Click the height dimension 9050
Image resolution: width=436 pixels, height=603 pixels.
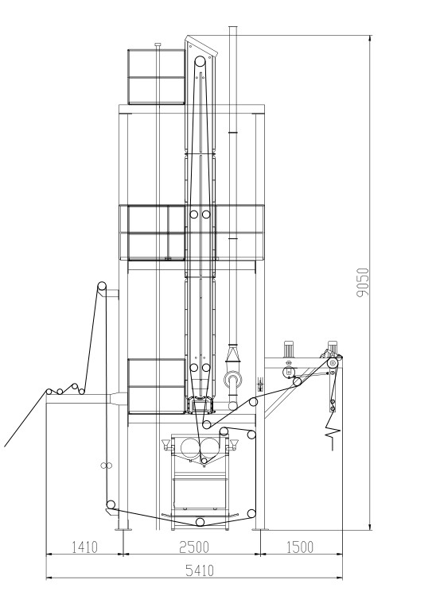[363, 283]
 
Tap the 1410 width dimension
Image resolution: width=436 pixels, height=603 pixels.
[85, 547]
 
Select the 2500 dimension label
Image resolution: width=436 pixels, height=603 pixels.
[194, 547]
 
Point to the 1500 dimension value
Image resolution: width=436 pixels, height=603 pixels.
[300, 547]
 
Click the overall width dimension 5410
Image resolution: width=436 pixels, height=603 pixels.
[200, 570]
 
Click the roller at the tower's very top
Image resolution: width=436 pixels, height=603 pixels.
[200, 61]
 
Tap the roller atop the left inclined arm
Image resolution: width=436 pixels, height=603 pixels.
[102, 286]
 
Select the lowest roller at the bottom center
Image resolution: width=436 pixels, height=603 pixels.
[200, 521]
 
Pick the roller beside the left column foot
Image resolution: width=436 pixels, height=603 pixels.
[111, 504]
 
